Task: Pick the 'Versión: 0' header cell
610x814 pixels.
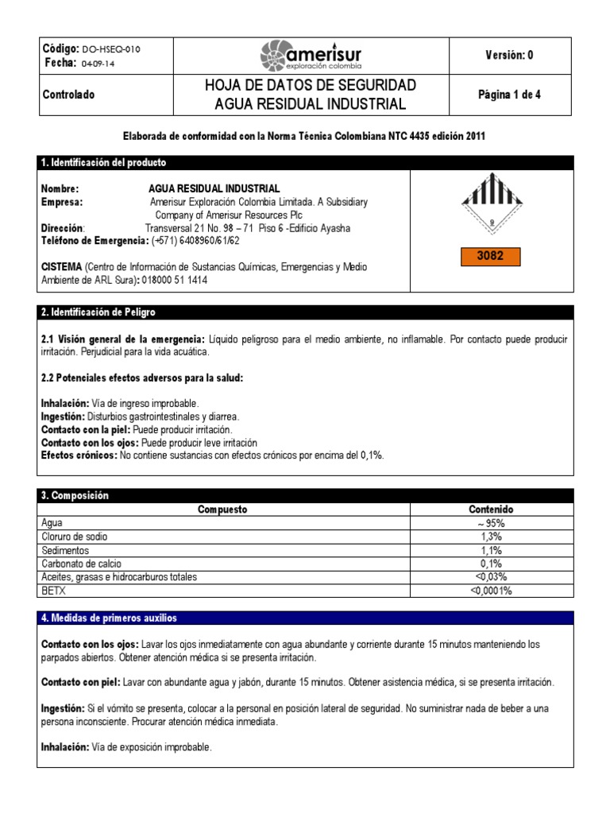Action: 509,55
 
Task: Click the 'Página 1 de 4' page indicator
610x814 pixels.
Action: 509,95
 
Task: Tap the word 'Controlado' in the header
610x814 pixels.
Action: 68,95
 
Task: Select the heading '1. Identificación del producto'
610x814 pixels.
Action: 104,162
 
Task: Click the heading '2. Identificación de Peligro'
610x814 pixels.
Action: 98,312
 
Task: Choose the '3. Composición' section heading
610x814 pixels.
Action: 75,495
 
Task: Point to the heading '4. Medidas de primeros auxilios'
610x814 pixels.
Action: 110,618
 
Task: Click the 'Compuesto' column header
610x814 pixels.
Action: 222,510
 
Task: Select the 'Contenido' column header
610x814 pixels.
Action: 491,510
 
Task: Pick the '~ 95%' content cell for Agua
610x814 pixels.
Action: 491,523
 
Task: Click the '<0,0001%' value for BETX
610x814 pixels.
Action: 491,591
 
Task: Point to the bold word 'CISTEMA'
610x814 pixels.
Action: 60,267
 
